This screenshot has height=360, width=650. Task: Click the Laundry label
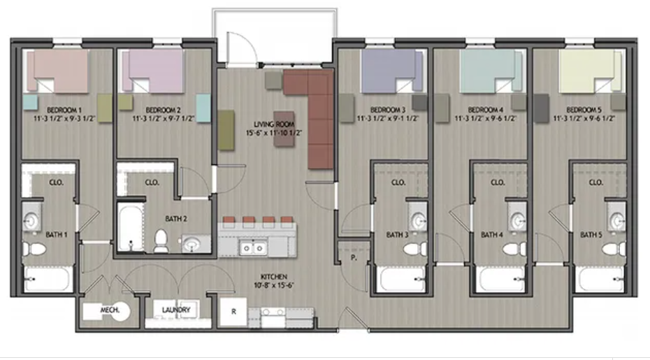175,309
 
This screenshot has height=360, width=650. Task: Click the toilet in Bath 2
161,240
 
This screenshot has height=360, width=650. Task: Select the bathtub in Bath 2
131,228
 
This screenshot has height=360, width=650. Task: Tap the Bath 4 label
492,235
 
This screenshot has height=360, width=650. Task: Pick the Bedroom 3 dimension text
388,119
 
